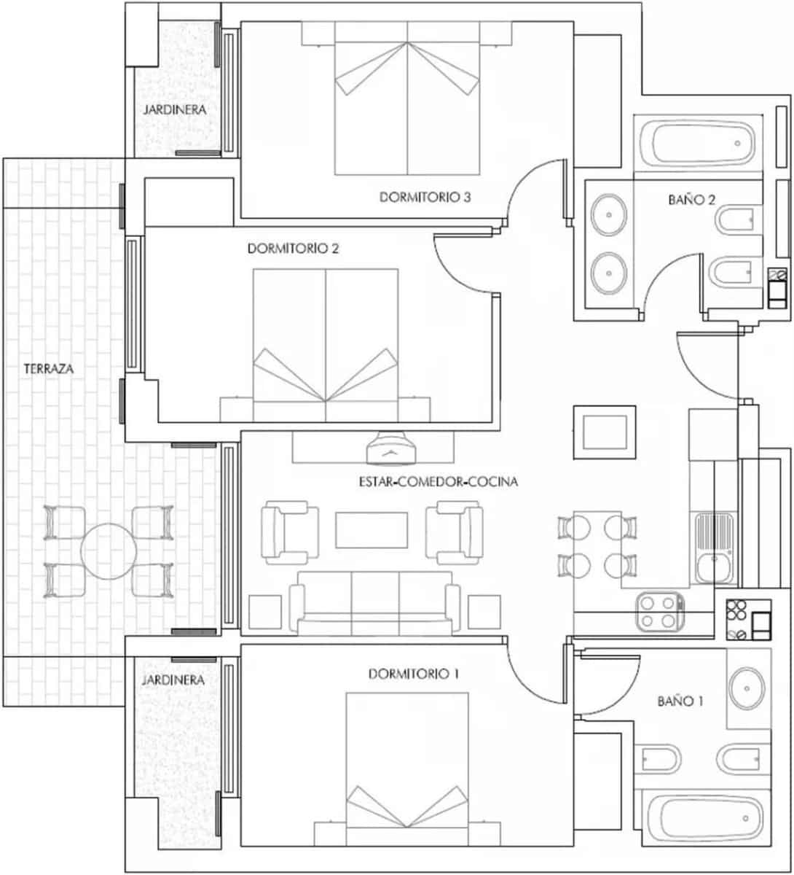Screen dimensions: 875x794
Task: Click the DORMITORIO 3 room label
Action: pos(424,197)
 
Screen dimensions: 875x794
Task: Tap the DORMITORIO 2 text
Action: pos(294,249)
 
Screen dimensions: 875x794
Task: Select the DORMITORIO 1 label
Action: pos(414,674)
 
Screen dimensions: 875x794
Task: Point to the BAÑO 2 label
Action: pos(691,199)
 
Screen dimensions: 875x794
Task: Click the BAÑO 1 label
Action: pos(680,701)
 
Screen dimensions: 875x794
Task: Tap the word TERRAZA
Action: pos(49,369)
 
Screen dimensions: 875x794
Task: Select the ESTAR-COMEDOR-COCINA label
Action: pos(438,482)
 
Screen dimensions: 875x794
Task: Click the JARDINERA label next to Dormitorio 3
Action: pos(174,110)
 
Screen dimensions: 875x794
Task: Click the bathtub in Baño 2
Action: pos(697,143)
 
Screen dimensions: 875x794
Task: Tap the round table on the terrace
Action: pos(109,551)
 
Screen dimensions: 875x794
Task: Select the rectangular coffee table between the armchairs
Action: pos(372,530)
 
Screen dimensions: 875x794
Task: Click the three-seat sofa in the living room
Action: pos(375,601)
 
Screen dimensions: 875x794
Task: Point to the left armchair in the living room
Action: pos(290,532)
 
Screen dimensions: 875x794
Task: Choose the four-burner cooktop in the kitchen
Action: pos(659,611)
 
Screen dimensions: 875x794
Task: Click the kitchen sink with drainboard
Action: pos(714,548)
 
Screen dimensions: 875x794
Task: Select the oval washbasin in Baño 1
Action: pos(747,688)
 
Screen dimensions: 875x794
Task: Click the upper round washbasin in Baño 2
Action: pos(609,215)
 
